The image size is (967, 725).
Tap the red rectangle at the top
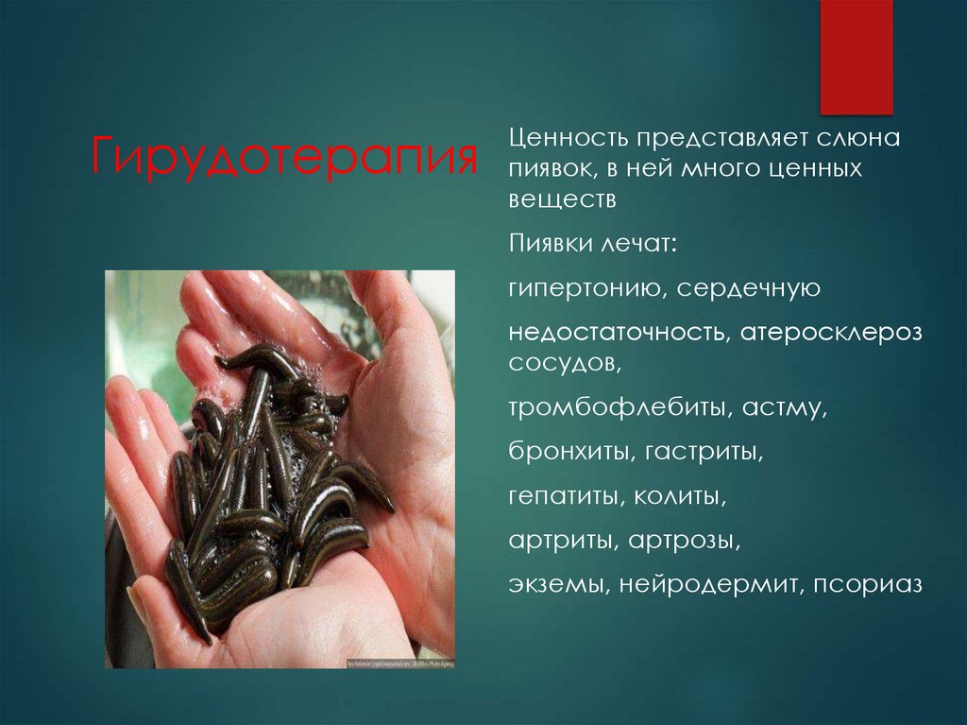[856, 57]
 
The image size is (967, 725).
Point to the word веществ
[562, 200]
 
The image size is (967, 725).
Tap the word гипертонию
[586, 289]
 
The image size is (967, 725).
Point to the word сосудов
[562, 363]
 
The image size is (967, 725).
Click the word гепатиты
[564, 496]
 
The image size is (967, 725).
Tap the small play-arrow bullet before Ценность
[497, 140]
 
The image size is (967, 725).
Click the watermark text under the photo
[397, 665]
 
